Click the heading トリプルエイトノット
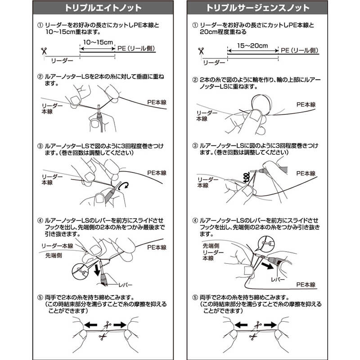click(x=103, y=8)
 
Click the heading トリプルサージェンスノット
click(x=257, y=8)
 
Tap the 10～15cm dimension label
click(x=98, y=42)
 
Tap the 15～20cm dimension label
click(x=252, y=45)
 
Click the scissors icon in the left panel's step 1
click(x=44, y=51)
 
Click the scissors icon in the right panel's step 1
click(x=201, y=51)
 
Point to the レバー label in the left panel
click(x=126, y=285)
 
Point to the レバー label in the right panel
click(x=278, y=279)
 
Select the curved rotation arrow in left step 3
click(x=124, y=186)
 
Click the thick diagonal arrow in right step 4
click(x=267, y=266)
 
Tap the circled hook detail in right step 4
click(x=266, y=243)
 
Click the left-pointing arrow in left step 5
click(x=90, y=325)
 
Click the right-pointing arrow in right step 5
click(x=270, y=325)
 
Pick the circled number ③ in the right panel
click(x=195, y=146)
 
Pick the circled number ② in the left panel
click(x=40, y=76)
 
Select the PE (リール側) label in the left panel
click(x=136, y=49)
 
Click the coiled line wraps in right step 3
click(x=246, y=177)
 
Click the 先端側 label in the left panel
click(x=54, y=255)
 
